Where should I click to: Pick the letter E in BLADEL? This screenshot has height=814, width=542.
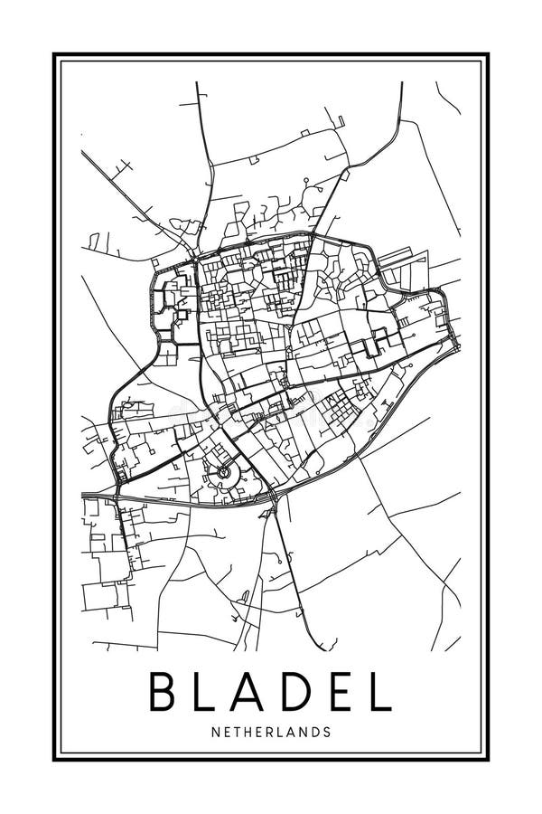(341, 692)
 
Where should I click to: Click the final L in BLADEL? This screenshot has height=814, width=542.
(380, 692)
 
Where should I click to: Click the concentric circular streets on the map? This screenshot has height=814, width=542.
(223, 472)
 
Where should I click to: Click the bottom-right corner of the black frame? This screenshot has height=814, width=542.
(490, 761)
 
